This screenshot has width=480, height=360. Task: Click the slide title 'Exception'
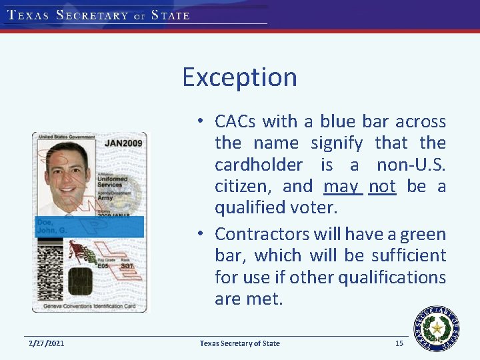(x=239, y=77)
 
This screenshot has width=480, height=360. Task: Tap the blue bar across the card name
(x=89, y=227)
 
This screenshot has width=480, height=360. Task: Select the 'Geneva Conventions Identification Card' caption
(x=89, y=307)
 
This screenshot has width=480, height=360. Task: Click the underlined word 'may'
(x=342, y=186)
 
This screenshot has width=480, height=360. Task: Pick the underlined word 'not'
(x=382, y=186)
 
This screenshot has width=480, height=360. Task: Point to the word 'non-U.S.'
(x=411, y=165)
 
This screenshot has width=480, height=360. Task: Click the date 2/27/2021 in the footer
(x=46, y=343)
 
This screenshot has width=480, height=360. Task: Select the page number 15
(x=399, y=343)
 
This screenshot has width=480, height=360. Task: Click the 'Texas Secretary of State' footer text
(x=240, y=343)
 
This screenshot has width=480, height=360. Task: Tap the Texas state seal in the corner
(x=437, y=328)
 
